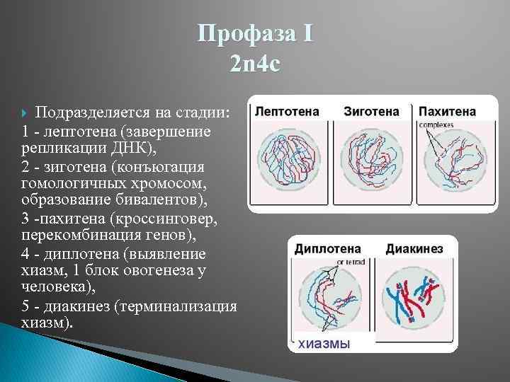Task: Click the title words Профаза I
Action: [255, 33]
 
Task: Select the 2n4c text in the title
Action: [255, 64]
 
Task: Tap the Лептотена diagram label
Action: [287, 112]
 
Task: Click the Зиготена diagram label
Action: [371, 112]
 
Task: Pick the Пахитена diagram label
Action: [447, 112]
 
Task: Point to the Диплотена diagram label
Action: [327, 249]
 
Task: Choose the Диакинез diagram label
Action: [414, 249]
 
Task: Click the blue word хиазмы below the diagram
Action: [322, 344]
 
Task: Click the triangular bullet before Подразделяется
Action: [27, 113]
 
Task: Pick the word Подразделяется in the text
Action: [89, 113]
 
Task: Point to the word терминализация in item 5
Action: [178, 306]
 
